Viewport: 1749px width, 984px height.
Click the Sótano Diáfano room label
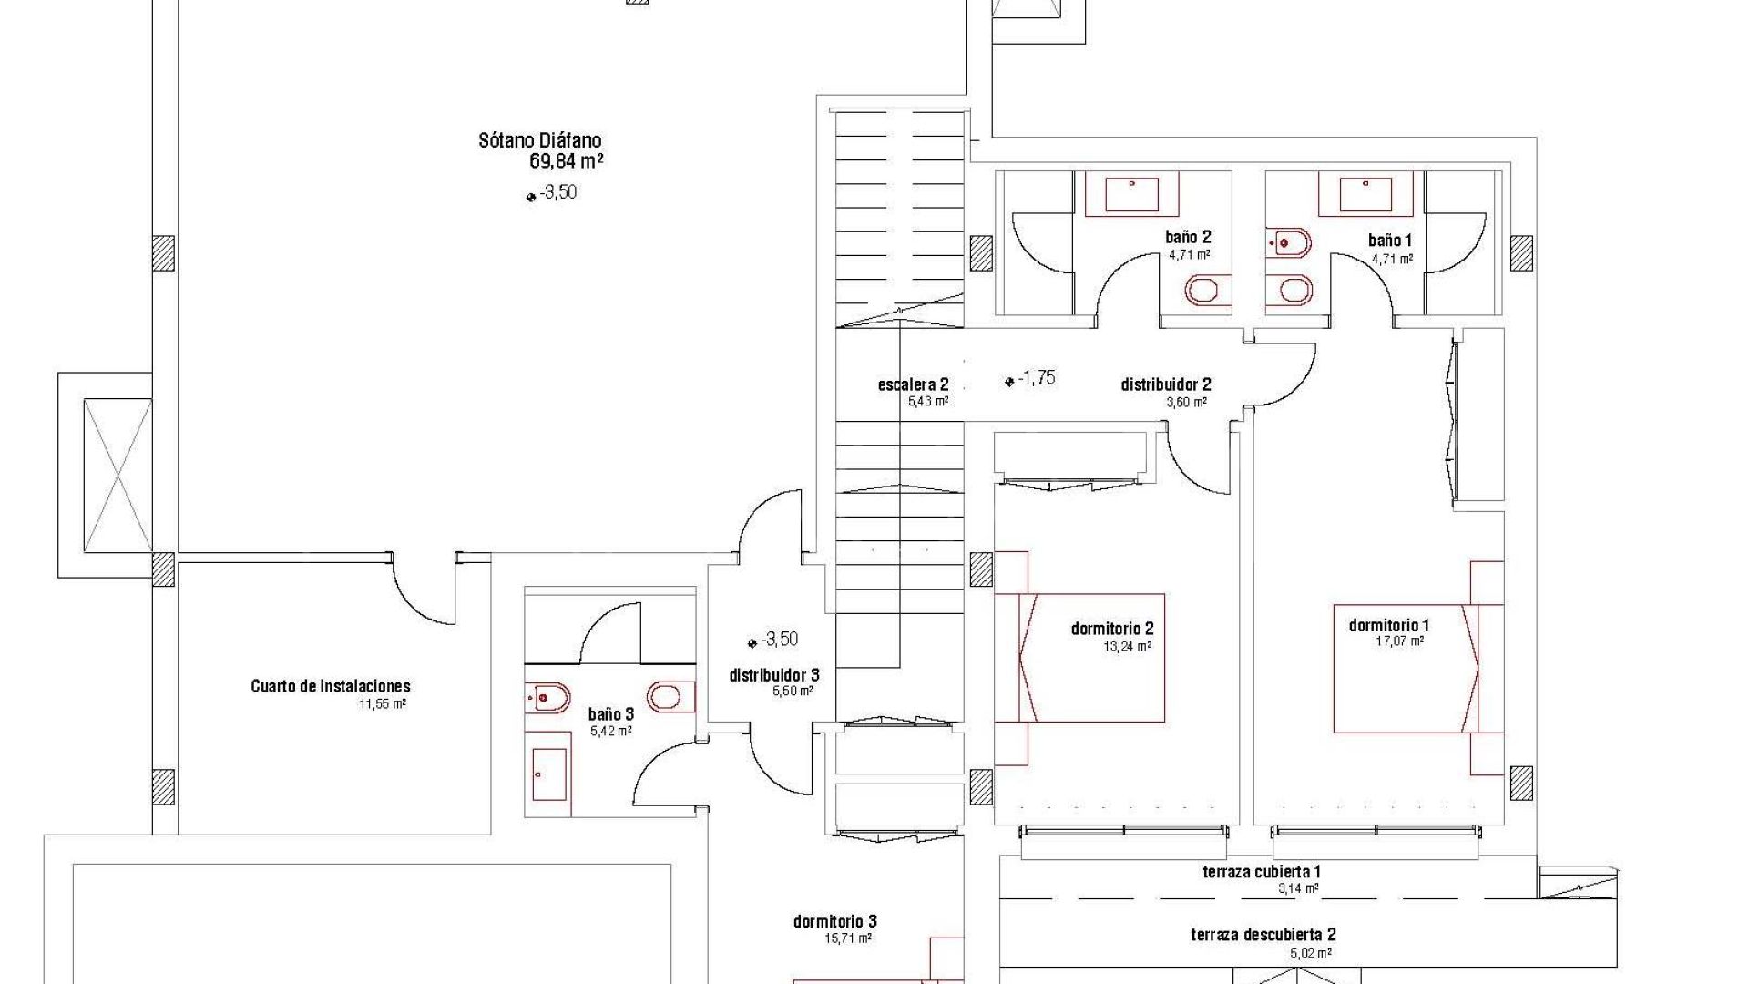coord(540,140)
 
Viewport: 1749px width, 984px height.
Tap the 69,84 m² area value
coord(567,162)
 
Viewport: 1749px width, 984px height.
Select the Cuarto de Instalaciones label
coord(331,686)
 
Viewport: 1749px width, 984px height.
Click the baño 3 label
coord(610,714)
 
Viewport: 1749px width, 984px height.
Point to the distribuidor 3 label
coord(774,675)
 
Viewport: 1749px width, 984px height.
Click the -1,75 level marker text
coord(1037,378)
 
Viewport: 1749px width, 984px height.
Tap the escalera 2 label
coord(914,384)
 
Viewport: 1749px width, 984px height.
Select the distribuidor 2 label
coord(1166,384)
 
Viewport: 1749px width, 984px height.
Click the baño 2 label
coord(1189,238)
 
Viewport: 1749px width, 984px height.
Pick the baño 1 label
coord(1390,241)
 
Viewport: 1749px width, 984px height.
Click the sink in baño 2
coord(1132,194)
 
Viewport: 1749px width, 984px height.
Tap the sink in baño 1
coord(1366,194)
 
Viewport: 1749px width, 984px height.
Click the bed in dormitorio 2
coord(1079,658)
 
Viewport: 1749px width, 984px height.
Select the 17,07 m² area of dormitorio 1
coord(1399,641)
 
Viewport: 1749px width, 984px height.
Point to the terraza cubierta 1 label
coord(1262,872)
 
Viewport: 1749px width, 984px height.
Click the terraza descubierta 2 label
coord(1263,935)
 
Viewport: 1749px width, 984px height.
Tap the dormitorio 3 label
coord(835,922)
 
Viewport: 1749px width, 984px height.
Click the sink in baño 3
coord(550,774)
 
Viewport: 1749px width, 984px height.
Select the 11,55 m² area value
coord(383,704)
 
